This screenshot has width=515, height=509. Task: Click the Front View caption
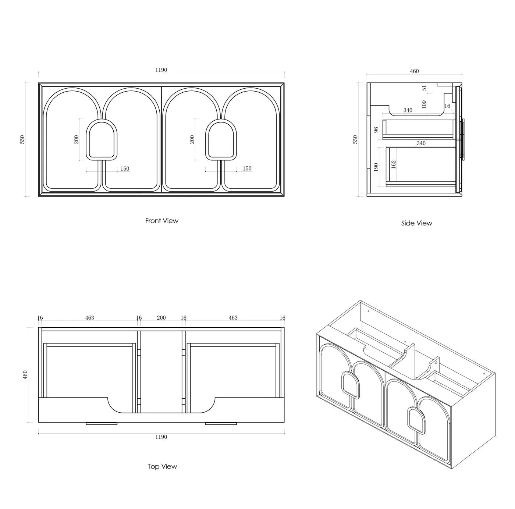162,221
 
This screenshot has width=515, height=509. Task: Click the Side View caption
417,223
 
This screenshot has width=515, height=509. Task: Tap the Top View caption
162,466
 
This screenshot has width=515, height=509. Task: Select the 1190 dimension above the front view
161,70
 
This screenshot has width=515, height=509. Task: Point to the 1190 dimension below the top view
161,437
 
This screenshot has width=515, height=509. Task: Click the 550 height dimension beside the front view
22,139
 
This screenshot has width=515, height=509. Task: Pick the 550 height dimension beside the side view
355,139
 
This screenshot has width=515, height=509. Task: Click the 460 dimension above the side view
414,71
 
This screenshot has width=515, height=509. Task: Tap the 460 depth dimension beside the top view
25,375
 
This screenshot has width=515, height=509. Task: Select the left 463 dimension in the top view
89,318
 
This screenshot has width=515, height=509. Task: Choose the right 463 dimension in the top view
233,318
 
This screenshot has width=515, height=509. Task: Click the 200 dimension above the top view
161,318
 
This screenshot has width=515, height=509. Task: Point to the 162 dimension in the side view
393,164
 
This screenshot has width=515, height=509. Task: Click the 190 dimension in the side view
376,167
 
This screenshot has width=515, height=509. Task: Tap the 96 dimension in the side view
376,130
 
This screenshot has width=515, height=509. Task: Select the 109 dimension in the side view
424,104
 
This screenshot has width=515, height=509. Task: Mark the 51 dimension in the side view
424,88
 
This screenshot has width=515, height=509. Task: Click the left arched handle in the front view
102,140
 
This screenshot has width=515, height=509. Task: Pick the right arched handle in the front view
221,140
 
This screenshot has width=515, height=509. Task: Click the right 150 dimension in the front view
247,168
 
